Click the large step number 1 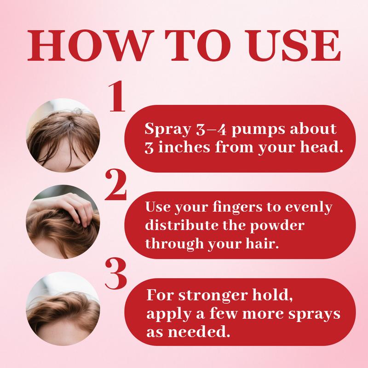coord(117,96)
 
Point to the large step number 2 coord(116,185)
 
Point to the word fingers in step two coord(237,208)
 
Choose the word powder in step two coord(277,226)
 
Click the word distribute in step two coord(182,225)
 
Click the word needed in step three coord(199,332)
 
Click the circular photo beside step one coord(63,135)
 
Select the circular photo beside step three coord(63,308)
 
